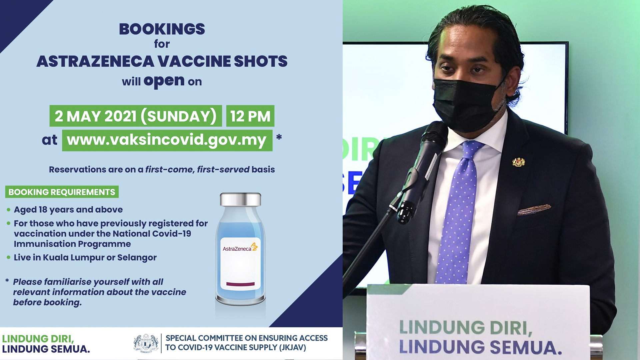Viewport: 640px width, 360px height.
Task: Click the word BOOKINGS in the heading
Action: (162, 29)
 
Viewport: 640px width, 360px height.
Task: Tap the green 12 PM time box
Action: (250, 116)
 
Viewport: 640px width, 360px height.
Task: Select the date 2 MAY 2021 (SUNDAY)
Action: (136, 116)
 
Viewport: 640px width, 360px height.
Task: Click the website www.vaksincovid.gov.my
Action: (167, 140)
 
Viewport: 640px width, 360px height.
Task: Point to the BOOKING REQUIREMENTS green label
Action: (62, 192)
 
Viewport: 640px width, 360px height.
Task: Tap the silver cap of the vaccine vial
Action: (240, 199)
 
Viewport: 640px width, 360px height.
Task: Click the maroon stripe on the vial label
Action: (240, 284)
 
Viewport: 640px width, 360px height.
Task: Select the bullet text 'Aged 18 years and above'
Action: (68, 210)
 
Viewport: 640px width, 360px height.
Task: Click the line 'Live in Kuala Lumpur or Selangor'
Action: (85, 258)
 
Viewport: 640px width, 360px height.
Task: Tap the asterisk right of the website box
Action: (279, 137)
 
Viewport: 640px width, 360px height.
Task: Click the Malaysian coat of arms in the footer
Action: (146, 343)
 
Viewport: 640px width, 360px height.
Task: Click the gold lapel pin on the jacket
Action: (518, 162)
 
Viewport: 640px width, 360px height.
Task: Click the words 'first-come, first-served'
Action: (197, 170)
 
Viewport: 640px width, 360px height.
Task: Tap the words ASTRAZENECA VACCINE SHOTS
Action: (162, 61)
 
